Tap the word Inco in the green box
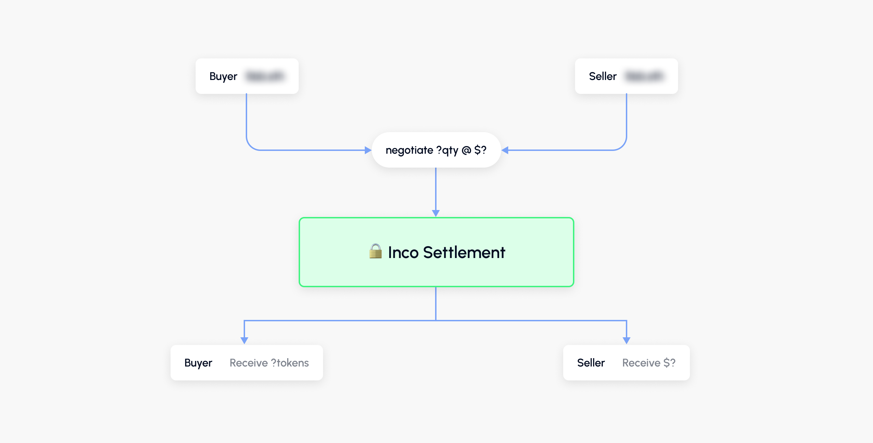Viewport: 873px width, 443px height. click(403, 253)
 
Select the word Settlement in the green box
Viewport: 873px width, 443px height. click(464, 253)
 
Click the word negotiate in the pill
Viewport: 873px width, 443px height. click(409, 151)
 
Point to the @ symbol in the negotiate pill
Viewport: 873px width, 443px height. click(466, 150)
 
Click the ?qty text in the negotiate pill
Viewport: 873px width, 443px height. click(447, 151)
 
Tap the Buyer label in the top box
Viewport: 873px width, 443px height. click(223, 76)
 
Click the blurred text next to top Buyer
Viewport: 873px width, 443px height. click(265, 76)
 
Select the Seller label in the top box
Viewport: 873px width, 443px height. click(603, 76)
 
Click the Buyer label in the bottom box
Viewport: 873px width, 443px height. click(198, 363)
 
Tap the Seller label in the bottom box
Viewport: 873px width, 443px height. click(591, 363)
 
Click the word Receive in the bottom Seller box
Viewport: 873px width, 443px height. click(641, 363)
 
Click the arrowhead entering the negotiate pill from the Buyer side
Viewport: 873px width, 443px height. click(368, 150)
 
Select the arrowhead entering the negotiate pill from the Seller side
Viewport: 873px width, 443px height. click(505, 150)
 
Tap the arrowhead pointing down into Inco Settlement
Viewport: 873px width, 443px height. click(436, 213)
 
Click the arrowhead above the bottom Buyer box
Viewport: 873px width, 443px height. click(244, 340)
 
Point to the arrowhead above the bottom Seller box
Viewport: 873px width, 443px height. click(627, 340)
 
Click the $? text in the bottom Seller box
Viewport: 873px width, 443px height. click(669, 363)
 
